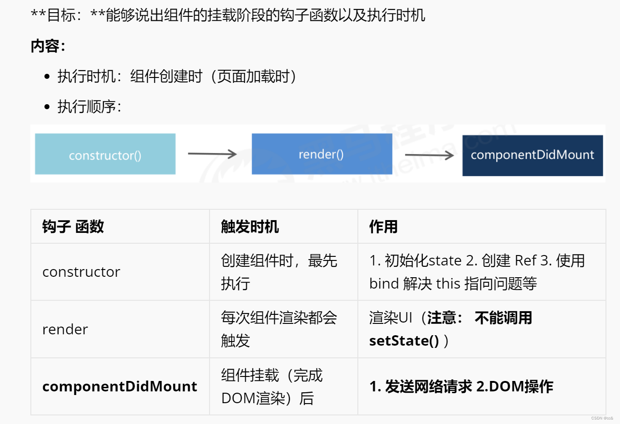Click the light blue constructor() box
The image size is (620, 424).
click(105, 154)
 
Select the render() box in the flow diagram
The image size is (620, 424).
click(322, 154)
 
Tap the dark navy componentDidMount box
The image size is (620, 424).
click(532, 155)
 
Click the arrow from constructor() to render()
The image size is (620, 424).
click(212, 154)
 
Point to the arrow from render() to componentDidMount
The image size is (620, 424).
click(429, 155)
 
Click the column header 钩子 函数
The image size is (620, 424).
click(73, 226)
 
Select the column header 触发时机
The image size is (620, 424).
click(250, 226)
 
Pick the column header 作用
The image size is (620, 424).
click(383, 226)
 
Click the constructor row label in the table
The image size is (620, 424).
click(81, 272)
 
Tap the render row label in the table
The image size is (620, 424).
click(65, 329)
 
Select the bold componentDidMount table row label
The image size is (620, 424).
click(120, 386)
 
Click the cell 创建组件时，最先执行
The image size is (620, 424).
click(278, 272)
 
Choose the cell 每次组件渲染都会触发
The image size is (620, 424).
click(278, 329)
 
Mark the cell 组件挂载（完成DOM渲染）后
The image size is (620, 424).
click(272, 386)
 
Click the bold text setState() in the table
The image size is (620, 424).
click(404, 341)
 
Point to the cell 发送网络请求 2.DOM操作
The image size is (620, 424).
click(461, 386)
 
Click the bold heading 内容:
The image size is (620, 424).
click(48, 46)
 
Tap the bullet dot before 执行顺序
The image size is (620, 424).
click(47, 107)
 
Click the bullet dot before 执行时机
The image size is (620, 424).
click(47, 77)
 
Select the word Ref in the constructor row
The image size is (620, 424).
click(526, 260)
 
